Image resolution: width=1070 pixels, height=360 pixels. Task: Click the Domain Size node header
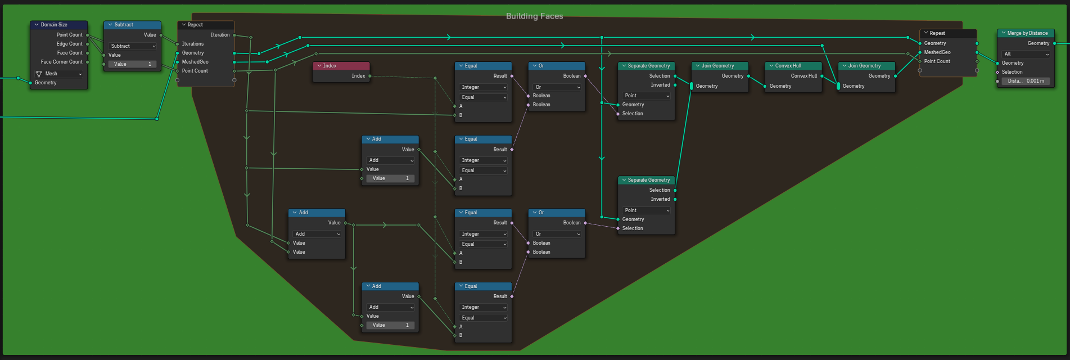pos(58,25)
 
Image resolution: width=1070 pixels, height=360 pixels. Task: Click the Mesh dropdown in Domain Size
pos(58,74)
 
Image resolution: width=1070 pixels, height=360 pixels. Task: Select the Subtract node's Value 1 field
pos(132,64)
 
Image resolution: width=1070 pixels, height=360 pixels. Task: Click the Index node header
pos(341,66)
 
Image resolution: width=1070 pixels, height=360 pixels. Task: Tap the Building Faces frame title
pos(534,16)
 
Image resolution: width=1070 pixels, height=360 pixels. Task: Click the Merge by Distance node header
pos(1027,33)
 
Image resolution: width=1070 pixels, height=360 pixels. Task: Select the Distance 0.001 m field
pos(1026,81)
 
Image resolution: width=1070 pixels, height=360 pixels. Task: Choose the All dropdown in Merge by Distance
pos(1027,54)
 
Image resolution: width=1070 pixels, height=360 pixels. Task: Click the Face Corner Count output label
pos(62,62)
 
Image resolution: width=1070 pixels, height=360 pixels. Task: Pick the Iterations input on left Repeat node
pos(193,44)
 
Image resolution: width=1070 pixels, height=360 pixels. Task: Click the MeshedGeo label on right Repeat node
pos(937,52)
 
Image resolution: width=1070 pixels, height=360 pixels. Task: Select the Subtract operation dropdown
pos(133,46)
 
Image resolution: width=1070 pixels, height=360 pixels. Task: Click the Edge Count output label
pos(69,44)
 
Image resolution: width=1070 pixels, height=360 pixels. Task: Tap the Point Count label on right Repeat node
pos(937,61)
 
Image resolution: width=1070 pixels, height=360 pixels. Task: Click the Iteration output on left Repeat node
pos(220,35)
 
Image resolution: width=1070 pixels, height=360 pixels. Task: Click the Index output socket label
pos(358,76)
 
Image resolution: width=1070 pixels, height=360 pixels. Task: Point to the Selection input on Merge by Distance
pos(1012,72)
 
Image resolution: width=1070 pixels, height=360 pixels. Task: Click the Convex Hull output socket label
pos(803,76)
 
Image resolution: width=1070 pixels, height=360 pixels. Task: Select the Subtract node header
pos(132,25)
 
